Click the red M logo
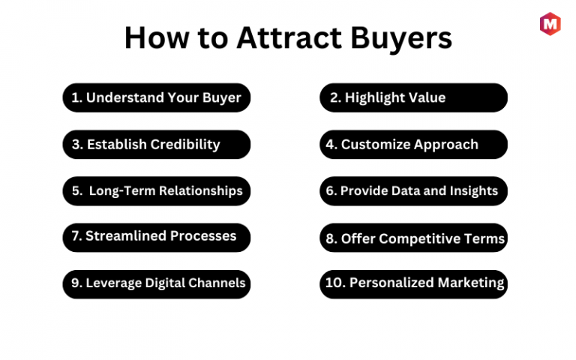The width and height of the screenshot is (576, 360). click(x=550, y=24)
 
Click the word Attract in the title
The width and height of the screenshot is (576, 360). click(x=289, y=37)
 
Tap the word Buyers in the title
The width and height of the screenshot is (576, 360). click(x=401, y=39)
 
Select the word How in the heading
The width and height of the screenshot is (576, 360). click(x=156, y=37)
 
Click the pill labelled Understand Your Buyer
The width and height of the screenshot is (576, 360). click(x=157, y=97)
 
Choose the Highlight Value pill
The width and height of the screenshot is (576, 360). click(x=414, y=97)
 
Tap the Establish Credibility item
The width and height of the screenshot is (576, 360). click(x=157, y=144)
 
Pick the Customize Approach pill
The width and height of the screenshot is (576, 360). click(x=414, y=144)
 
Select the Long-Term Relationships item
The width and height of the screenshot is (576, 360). click(x=157, y=191)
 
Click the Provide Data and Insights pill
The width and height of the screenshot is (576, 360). click(x=414, y=191)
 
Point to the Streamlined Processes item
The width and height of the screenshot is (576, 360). click(x=157, y=238)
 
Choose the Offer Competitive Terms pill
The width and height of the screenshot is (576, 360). click(x=414, y=238)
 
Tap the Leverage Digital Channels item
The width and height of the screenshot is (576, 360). click(x=157, y=284)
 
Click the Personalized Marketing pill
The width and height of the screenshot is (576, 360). click(x=414, y=284)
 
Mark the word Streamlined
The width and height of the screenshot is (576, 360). click(x=126, y=235)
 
